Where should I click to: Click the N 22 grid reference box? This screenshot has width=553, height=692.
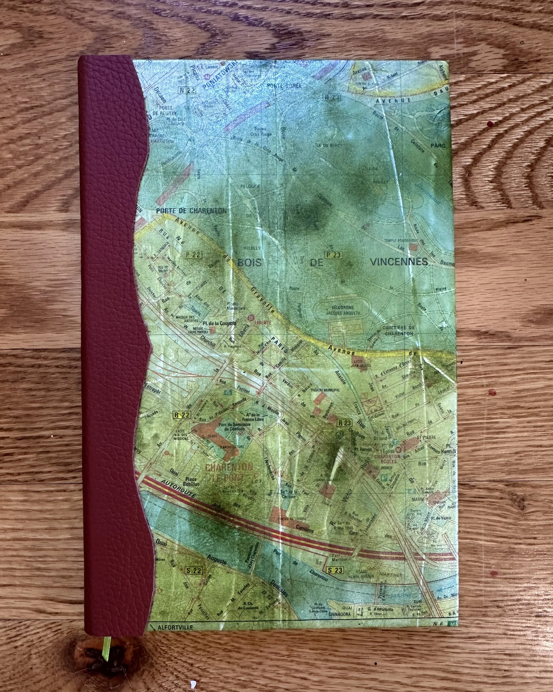(187, 91)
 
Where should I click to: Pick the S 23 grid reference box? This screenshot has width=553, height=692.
(335, 570)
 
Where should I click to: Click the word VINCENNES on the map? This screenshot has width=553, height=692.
(399, 262)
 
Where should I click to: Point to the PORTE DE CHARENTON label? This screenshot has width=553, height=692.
(191, 211)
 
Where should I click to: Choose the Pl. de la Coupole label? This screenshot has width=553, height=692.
(219, 323)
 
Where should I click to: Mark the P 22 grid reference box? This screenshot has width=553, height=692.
(194, 254)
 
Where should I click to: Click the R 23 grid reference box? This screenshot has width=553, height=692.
(345, 423)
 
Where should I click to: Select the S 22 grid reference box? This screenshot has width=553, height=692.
(194, 570)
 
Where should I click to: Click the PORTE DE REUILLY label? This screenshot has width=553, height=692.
(164, 110)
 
